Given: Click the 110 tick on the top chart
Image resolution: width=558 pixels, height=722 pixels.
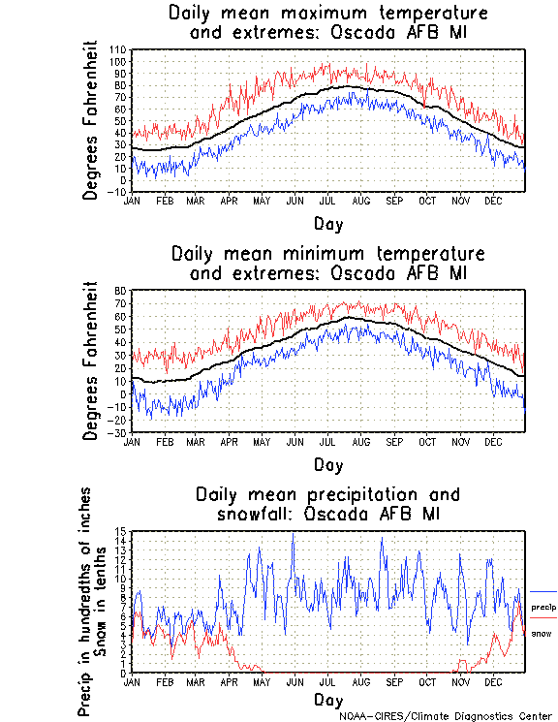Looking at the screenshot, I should [119, 49].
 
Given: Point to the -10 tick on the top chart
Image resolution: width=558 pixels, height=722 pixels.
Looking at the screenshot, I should [119, 191].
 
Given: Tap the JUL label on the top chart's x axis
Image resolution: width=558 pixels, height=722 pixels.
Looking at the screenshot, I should [328, 201].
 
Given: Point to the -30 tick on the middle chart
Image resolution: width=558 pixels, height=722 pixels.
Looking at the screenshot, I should [120, 432].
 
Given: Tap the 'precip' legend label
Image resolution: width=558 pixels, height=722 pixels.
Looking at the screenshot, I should [543, 606].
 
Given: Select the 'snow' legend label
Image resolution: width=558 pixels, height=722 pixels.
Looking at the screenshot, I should [542, 633].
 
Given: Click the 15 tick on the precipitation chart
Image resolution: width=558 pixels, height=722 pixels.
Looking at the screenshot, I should [121, 532].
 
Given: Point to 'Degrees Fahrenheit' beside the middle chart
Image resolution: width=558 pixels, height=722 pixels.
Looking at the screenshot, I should [91, 361].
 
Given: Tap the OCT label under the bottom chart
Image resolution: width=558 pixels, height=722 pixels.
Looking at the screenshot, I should [427, 682].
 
